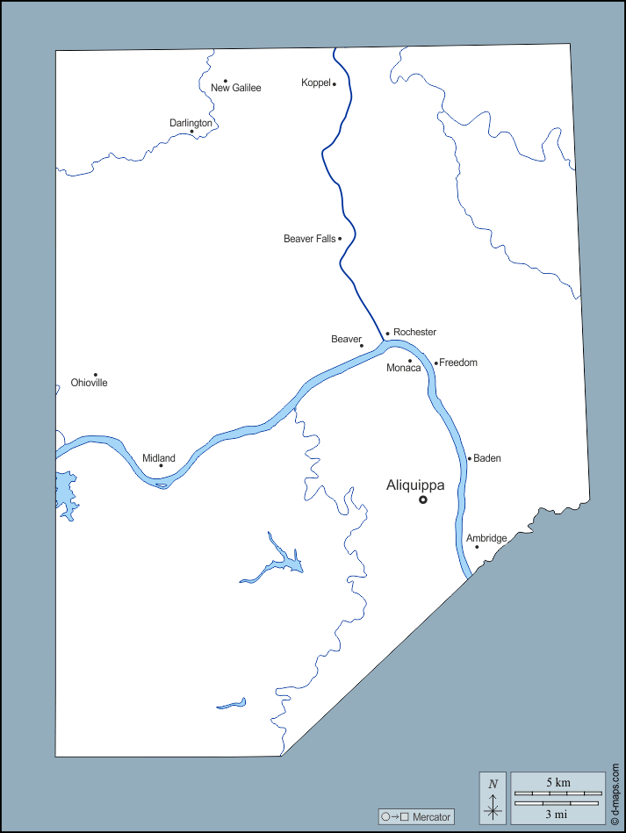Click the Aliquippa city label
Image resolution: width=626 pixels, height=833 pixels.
415,485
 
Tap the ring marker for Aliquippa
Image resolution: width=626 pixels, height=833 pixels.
422,499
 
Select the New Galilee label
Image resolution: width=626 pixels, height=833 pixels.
236,88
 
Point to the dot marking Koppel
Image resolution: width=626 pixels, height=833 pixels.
335,84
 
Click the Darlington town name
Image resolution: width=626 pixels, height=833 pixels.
191,123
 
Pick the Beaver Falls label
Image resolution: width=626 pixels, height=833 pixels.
309,239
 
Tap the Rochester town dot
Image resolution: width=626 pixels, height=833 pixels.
387,334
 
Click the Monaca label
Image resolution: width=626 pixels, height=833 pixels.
404,368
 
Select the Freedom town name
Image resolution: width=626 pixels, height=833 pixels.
458,363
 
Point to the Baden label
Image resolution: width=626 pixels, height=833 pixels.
487,458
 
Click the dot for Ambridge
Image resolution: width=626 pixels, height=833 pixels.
477,547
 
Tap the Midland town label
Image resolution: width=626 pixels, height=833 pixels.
159,458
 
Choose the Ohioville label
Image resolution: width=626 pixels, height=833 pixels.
90,383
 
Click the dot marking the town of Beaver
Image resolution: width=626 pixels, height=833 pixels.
361,345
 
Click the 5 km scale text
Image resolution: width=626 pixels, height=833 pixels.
558,782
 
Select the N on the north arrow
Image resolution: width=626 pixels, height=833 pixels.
493,783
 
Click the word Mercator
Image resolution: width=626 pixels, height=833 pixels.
430,817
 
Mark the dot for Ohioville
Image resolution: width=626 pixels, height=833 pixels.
96,375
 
